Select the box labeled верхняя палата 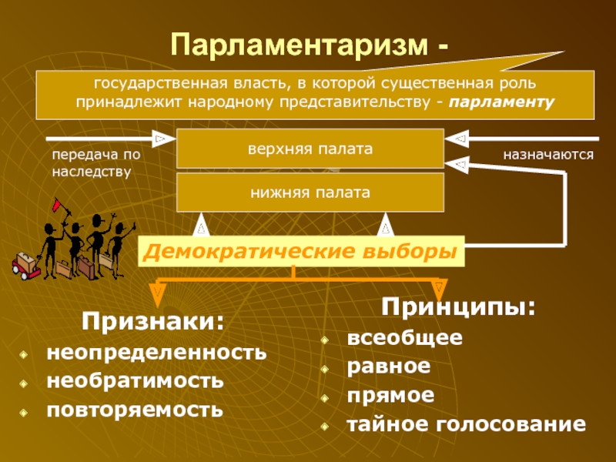coord(310,149)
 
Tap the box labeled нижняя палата coord(310,192)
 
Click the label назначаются coord(548,156)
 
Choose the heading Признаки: coord(153,320)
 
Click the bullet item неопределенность coord(156,354)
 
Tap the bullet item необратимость coord(136,381)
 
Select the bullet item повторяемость coord(135,408)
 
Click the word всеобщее coord(404,338)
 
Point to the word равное coord(388,367)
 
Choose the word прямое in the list coord(390,395)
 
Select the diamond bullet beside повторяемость coord(25,410)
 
